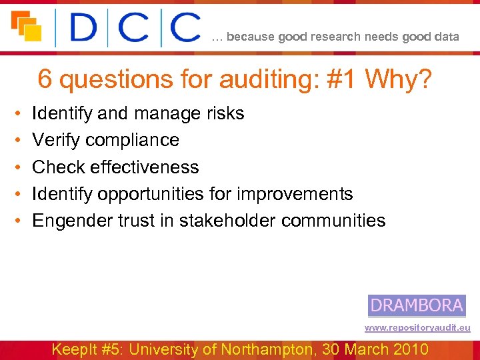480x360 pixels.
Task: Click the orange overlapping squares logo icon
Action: click(27, 26)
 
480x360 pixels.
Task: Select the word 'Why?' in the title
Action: click(399, 81)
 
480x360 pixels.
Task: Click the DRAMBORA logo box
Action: click(417, 305)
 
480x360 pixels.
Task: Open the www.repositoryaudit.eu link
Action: click(417, 328)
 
